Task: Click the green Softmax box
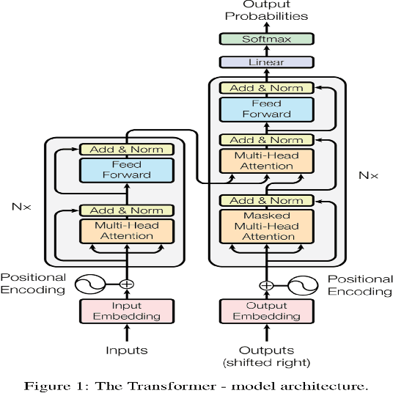coord(266,39)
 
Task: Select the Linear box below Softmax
coord(266,63)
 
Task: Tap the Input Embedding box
coord(126,311)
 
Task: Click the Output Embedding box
coord(266,311)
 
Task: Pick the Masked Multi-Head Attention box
coord(266,227)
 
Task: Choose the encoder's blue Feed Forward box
coord(126,170)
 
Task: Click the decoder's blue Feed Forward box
coord(266,109)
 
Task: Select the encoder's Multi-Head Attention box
coord(126,231)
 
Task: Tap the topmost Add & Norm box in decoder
coord(266,88)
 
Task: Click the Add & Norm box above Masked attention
coord(266,200)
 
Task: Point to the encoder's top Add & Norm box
coord(126,150)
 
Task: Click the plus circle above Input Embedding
coord(126,284)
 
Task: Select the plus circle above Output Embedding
coord(266,285)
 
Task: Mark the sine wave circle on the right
coord(300,285)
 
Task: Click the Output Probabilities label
coord(266,10)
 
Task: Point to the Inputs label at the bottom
coord(126,350)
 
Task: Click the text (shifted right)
coord(266,362)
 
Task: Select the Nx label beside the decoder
coord(367,176)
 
